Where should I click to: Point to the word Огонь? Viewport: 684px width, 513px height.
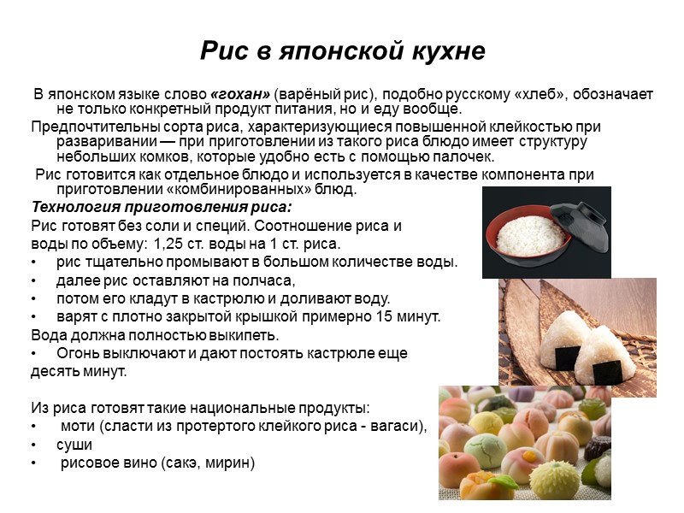pyautogui.click(x=79, y=353)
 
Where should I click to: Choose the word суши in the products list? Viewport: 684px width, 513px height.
pyautogui.click(x=74, y=445)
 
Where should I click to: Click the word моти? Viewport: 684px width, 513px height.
pyautogui.click(x=80, y=427)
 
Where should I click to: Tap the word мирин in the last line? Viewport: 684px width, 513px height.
pyautogui.click(x=232, y=463)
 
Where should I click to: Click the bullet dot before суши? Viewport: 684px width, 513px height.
pyautogui.click(x=34, y=445)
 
